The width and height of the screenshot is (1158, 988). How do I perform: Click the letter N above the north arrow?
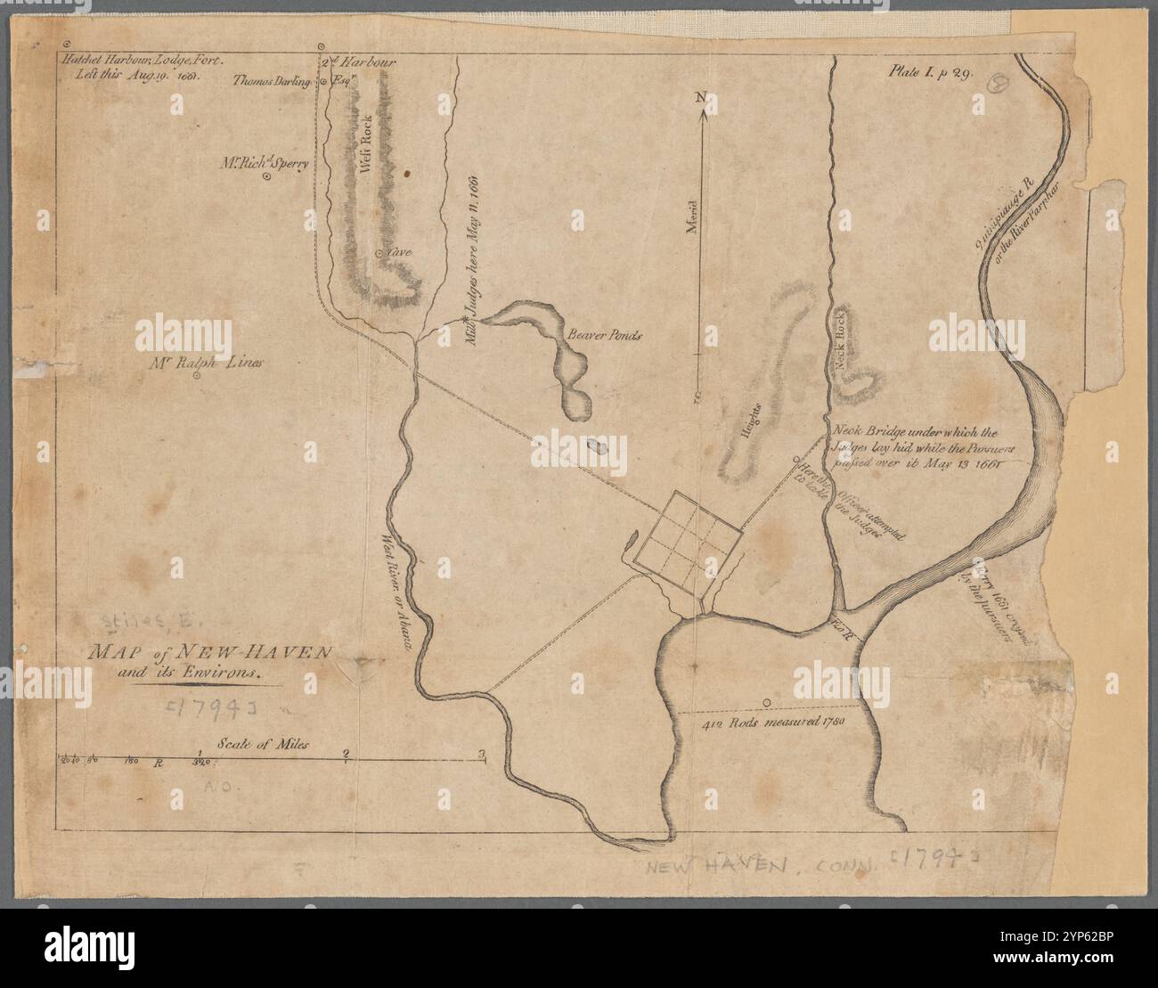pos(701,96)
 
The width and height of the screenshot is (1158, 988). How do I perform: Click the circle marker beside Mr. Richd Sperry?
pos(265,177)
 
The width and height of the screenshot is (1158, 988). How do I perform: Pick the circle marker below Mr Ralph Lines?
pos(198,375)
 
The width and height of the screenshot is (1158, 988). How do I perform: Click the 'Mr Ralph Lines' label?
pos(206,363)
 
